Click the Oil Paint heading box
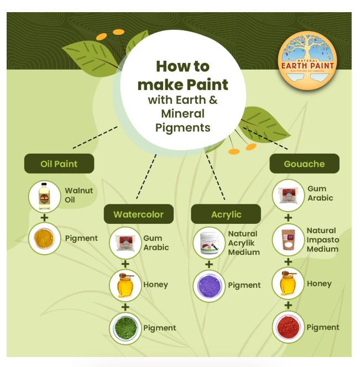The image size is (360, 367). [59, 164]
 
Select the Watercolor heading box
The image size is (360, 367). [138, 214]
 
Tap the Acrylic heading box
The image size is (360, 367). [226, 214]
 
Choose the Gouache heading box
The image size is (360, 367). [304, 164]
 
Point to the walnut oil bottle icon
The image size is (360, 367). [44, 196]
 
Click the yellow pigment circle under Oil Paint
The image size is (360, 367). [44, 239]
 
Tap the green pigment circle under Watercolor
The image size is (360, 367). [126, 328]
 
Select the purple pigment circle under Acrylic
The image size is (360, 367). [209, 286]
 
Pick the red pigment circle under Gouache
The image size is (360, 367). [289, 327]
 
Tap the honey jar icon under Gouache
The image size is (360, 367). [289, 284]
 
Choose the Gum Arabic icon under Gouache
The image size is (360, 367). [289, 195]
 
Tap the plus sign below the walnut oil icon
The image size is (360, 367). [44, 217]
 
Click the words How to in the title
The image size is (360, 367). [182, 67]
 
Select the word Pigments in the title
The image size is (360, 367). [182, 128]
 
